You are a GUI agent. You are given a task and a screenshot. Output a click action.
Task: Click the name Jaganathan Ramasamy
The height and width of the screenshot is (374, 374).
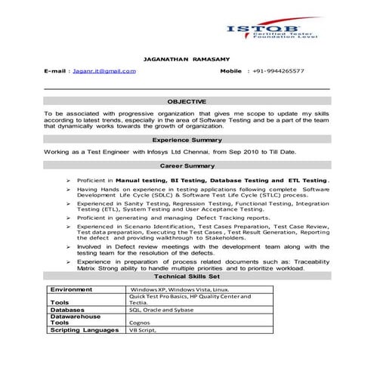point(187,57)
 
